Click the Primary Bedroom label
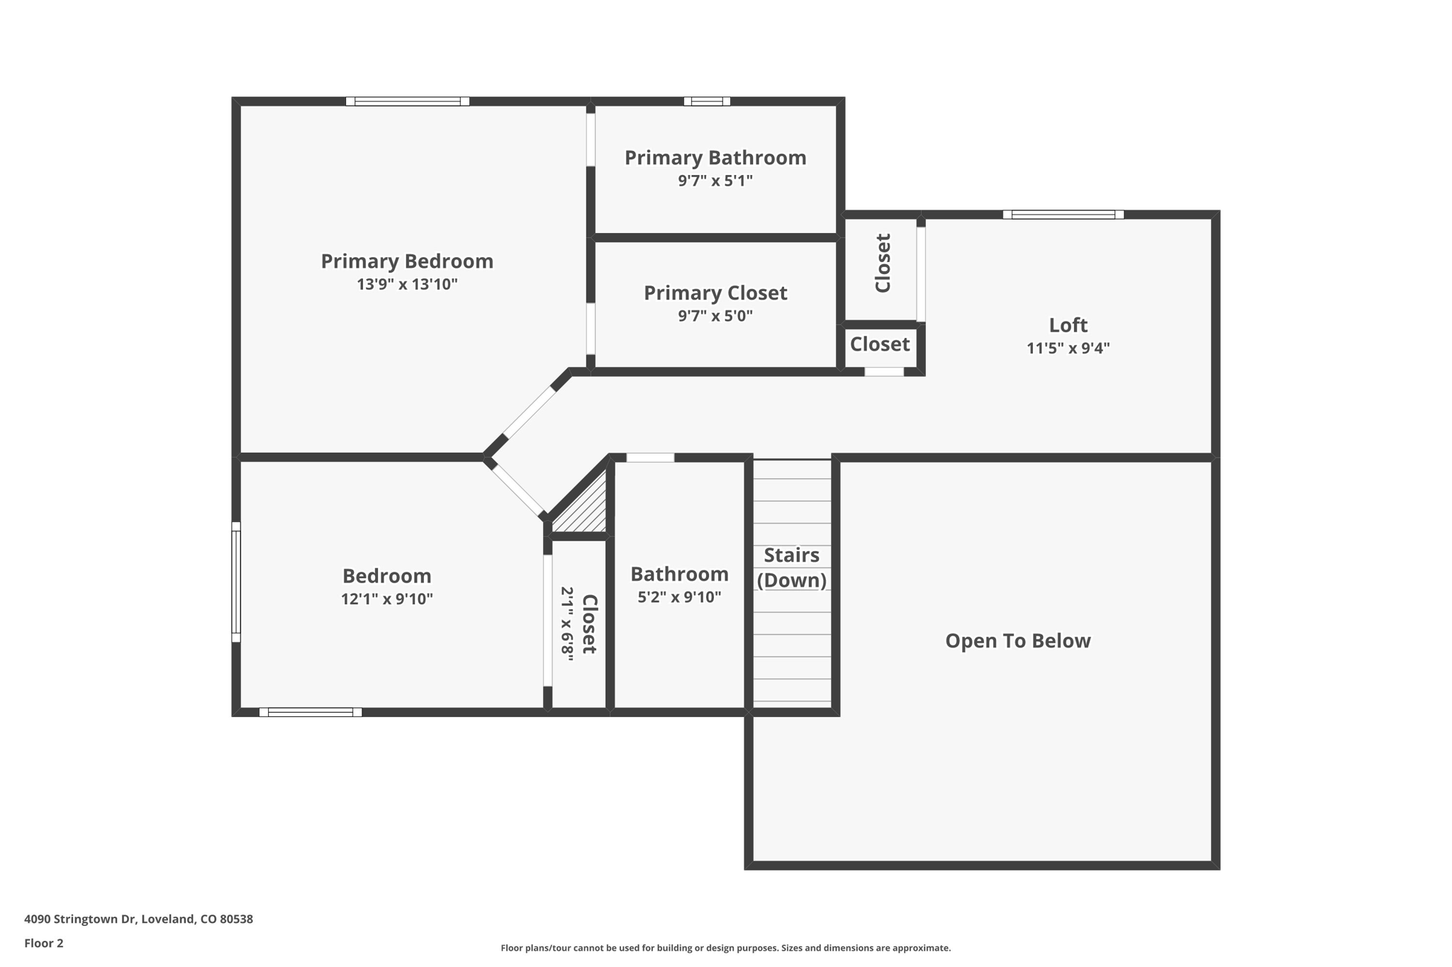tap(407, 261)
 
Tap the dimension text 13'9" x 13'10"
tap(407, 285)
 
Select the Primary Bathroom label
tap(715, 158)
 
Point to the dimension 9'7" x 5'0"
tap(715, 316)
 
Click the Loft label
tap(1068, 325)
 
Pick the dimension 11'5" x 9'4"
tap(1068, 349)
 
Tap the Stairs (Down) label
tap(791, 567)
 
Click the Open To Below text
tap(1017, 641)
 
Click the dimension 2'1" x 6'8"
tap(567, 623)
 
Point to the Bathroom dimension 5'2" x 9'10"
tap(679, 597)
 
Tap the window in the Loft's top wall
tap(1063, 215)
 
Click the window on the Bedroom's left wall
tap(236, 582)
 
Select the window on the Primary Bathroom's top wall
tap(707, 101)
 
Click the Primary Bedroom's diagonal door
tap(529, 412)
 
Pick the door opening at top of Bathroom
tap(650, 458)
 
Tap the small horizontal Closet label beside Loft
tap(879, 344)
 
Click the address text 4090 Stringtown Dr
tap(138, 919)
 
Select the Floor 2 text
tap(44, 943)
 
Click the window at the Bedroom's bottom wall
tap(311, 712)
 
